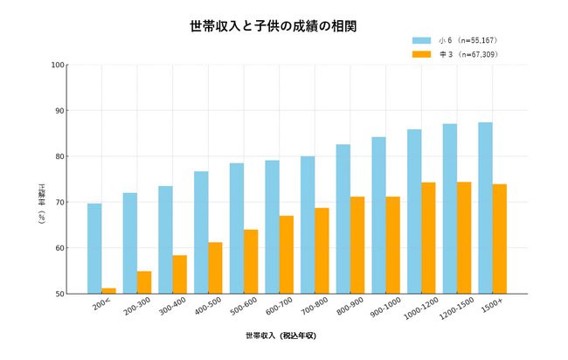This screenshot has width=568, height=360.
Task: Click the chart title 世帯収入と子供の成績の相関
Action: (x=273, y=26)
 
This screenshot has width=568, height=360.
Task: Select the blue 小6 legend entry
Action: (x=454, y=40)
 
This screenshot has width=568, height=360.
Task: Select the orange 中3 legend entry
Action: (x=454, y=54)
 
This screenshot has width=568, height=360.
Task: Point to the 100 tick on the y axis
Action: (x=59, y=65)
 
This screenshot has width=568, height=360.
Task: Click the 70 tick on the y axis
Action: (x=59, y=203)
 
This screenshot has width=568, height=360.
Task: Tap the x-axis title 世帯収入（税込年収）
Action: (x=281, y=336)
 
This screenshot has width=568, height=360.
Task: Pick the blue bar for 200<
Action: (x=94, y=249)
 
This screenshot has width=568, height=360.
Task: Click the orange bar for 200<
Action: (x=108, y=291)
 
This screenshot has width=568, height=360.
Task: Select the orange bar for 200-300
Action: (x=144, y=282)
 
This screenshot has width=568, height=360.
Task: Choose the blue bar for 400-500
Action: (x=201, y=232)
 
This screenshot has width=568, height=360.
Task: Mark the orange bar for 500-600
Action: (x=251, y=262)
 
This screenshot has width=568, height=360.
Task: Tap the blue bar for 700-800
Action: (x=308, y=225)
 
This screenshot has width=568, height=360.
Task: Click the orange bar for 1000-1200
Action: (x=428, y=238)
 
